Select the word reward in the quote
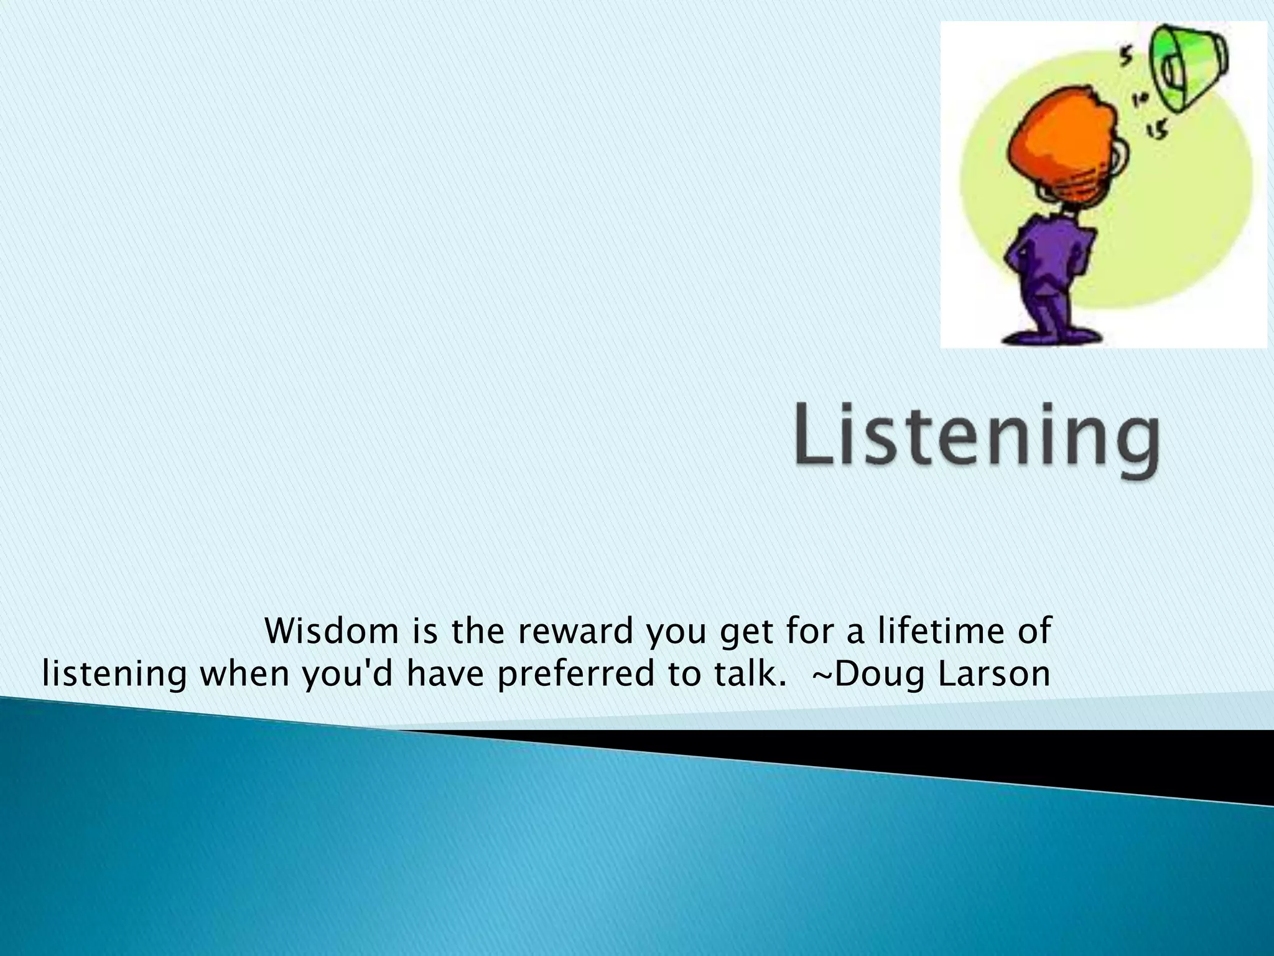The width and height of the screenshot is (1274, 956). (x=575, y=631)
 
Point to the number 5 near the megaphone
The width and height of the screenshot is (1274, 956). (x=1127, y=57)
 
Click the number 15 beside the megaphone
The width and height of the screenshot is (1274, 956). (x=1157, y=129)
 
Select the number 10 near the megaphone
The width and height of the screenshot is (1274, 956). (x=1141, y=98)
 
